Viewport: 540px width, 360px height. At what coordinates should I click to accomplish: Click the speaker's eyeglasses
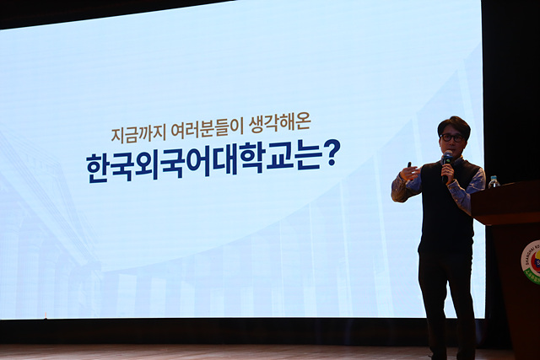(451, 137)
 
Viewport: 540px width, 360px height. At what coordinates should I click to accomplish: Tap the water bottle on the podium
(494, 182)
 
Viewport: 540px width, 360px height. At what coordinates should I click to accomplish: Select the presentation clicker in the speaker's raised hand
(409, 165)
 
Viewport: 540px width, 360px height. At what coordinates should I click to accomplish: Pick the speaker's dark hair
(454, 126)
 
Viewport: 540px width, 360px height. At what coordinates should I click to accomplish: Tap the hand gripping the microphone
(448, 170)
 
